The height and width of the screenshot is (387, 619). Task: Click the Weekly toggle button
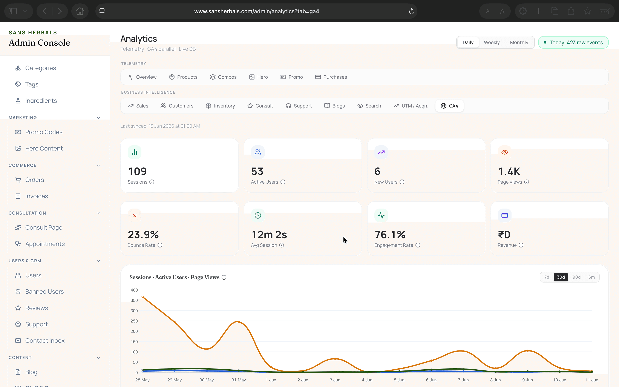coord(492,43)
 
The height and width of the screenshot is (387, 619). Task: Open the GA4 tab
coord(449,106)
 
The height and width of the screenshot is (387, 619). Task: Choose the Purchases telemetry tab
coord(331,77)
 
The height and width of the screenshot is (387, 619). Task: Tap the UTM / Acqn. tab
coord(411,106)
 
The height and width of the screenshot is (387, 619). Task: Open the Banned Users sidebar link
coord(44,292)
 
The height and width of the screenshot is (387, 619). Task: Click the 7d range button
coord(547,277)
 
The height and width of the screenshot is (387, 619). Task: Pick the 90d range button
coord(576,277)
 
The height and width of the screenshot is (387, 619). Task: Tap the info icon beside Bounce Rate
coord(160,245)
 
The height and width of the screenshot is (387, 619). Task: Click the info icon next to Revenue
coord(521,245)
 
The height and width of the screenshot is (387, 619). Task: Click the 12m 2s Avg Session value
coord(269,234)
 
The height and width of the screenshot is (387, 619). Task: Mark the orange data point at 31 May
coord(239,322)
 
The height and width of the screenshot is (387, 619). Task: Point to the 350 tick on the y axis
coord(134,300)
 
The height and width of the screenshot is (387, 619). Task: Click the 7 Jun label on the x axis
coord(463,380)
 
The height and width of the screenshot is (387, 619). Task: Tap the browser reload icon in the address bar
coord(411,11)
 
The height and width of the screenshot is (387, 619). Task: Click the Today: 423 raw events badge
coord(573,43)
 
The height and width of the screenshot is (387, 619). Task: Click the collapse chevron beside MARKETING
coord(98,118)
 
